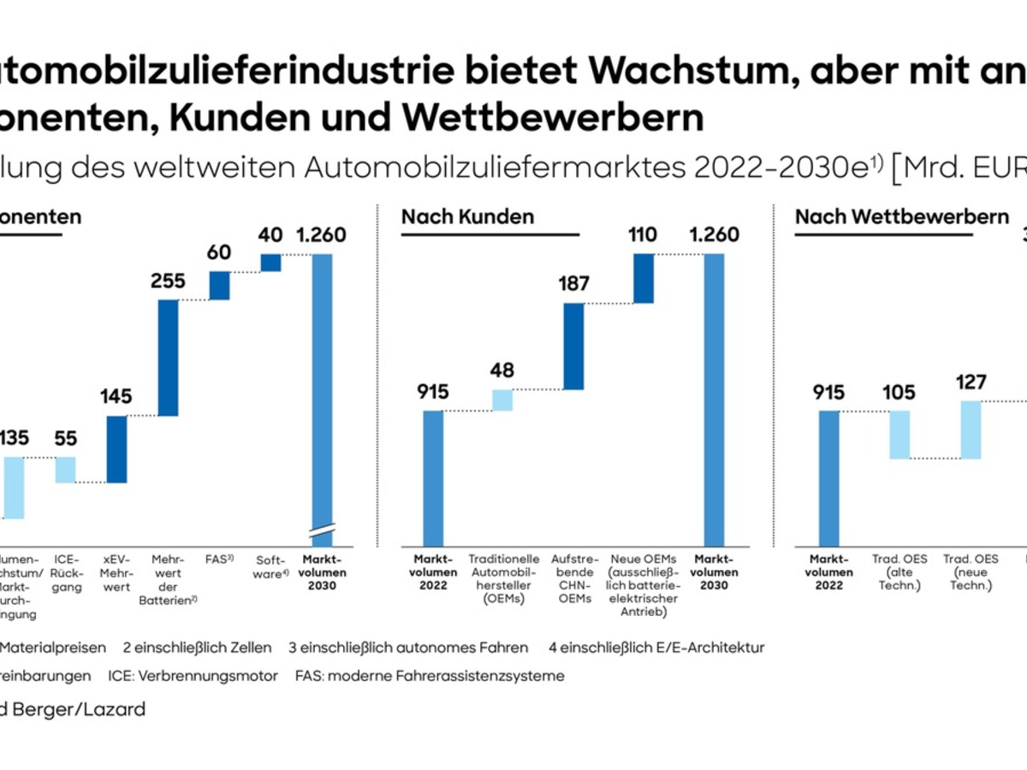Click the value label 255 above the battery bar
pos(167,281)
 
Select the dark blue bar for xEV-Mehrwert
pos(116,449)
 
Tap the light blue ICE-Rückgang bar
pos(65,470)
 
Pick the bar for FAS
pos(219,286)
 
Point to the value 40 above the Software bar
pos(270,234)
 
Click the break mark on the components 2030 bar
pos(323,530)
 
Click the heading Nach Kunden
pos(467,216)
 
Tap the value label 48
pos(502,371)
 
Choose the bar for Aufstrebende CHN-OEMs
pos(573,346)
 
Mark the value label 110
pos(644,234)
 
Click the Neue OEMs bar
pos(644,278)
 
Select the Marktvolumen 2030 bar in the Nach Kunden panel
pos(714,398)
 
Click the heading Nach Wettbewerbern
pos(902,216)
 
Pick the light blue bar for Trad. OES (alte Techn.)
pos(899,435)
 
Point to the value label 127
pos(971,382)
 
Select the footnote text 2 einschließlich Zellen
pos(197,648)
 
